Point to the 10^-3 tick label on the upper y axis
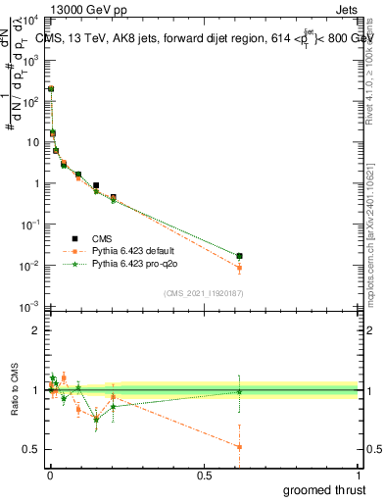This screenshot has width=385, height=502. (29, 308)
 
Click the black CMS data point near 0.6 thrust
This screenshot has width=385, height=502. (239, 256)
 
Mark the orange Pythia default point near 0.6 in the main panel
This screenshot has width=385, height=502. (239, 268)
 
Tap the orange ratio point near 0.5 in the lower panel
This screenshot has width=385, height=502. (239, 447)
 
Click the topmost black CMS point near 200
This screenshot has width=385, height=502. (51, 88)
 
